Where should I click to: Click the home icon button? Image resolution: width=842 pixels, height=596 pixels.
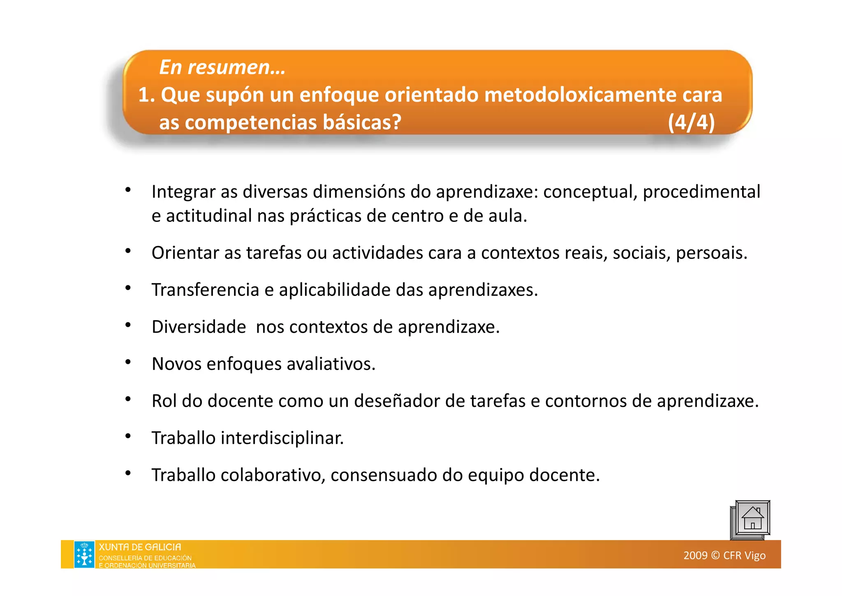click(752, 519)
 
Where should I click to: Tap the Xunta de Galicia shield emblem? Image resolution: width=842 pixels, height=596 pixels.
click(84, 554)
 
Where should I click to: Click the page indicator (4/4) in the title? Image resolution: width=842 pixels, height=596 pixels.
click(691, 122)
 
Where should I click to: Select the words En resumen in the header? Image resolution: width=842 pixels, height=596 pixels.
click(222, 67)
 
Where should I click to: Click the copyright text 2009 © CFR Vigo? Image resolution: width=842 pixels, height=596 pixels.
click(724, 555)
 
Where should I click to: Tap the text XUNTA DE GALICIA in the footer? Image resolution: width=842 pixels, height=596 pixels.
click(140, 547)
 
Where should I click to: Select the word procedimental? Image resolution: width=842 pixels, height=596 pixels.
click(701, 192)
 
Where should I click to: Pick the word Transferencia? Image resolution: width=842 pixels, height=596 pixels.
click(205, 290)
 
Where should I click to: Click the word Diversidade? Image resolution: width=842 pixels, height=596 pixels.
click(199, 327)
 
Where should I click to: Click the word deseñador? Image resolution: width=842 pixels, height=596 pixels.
click(397, 401)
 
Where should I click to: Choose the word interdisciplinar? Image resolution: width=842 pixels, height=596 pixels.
click(282, 438)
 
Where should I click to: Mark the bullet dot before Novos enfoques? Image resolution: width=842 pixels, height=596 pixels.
click(128, 362)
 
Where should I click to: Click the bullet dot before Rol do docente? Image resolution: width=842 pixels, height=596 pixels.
click(128, 399)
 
